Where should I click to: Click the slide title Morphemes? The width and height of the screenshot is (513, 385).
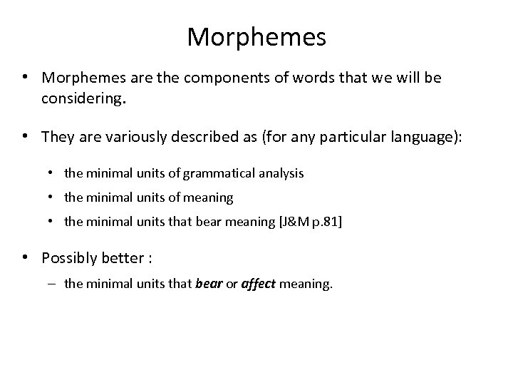(256, 37)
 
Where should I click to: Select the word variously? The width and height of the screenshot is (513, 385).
(123, 136)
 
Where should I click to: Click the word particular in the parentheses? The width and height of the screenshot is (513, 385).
(341, 136)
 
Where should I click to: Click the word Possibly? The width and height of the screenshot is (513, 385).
(73, 257)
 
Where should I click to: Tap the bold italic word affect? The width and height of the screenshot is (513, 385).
(258, 284)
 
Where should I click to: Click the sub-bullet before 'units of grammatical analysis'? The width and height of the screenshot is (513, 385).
(55, 173)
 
